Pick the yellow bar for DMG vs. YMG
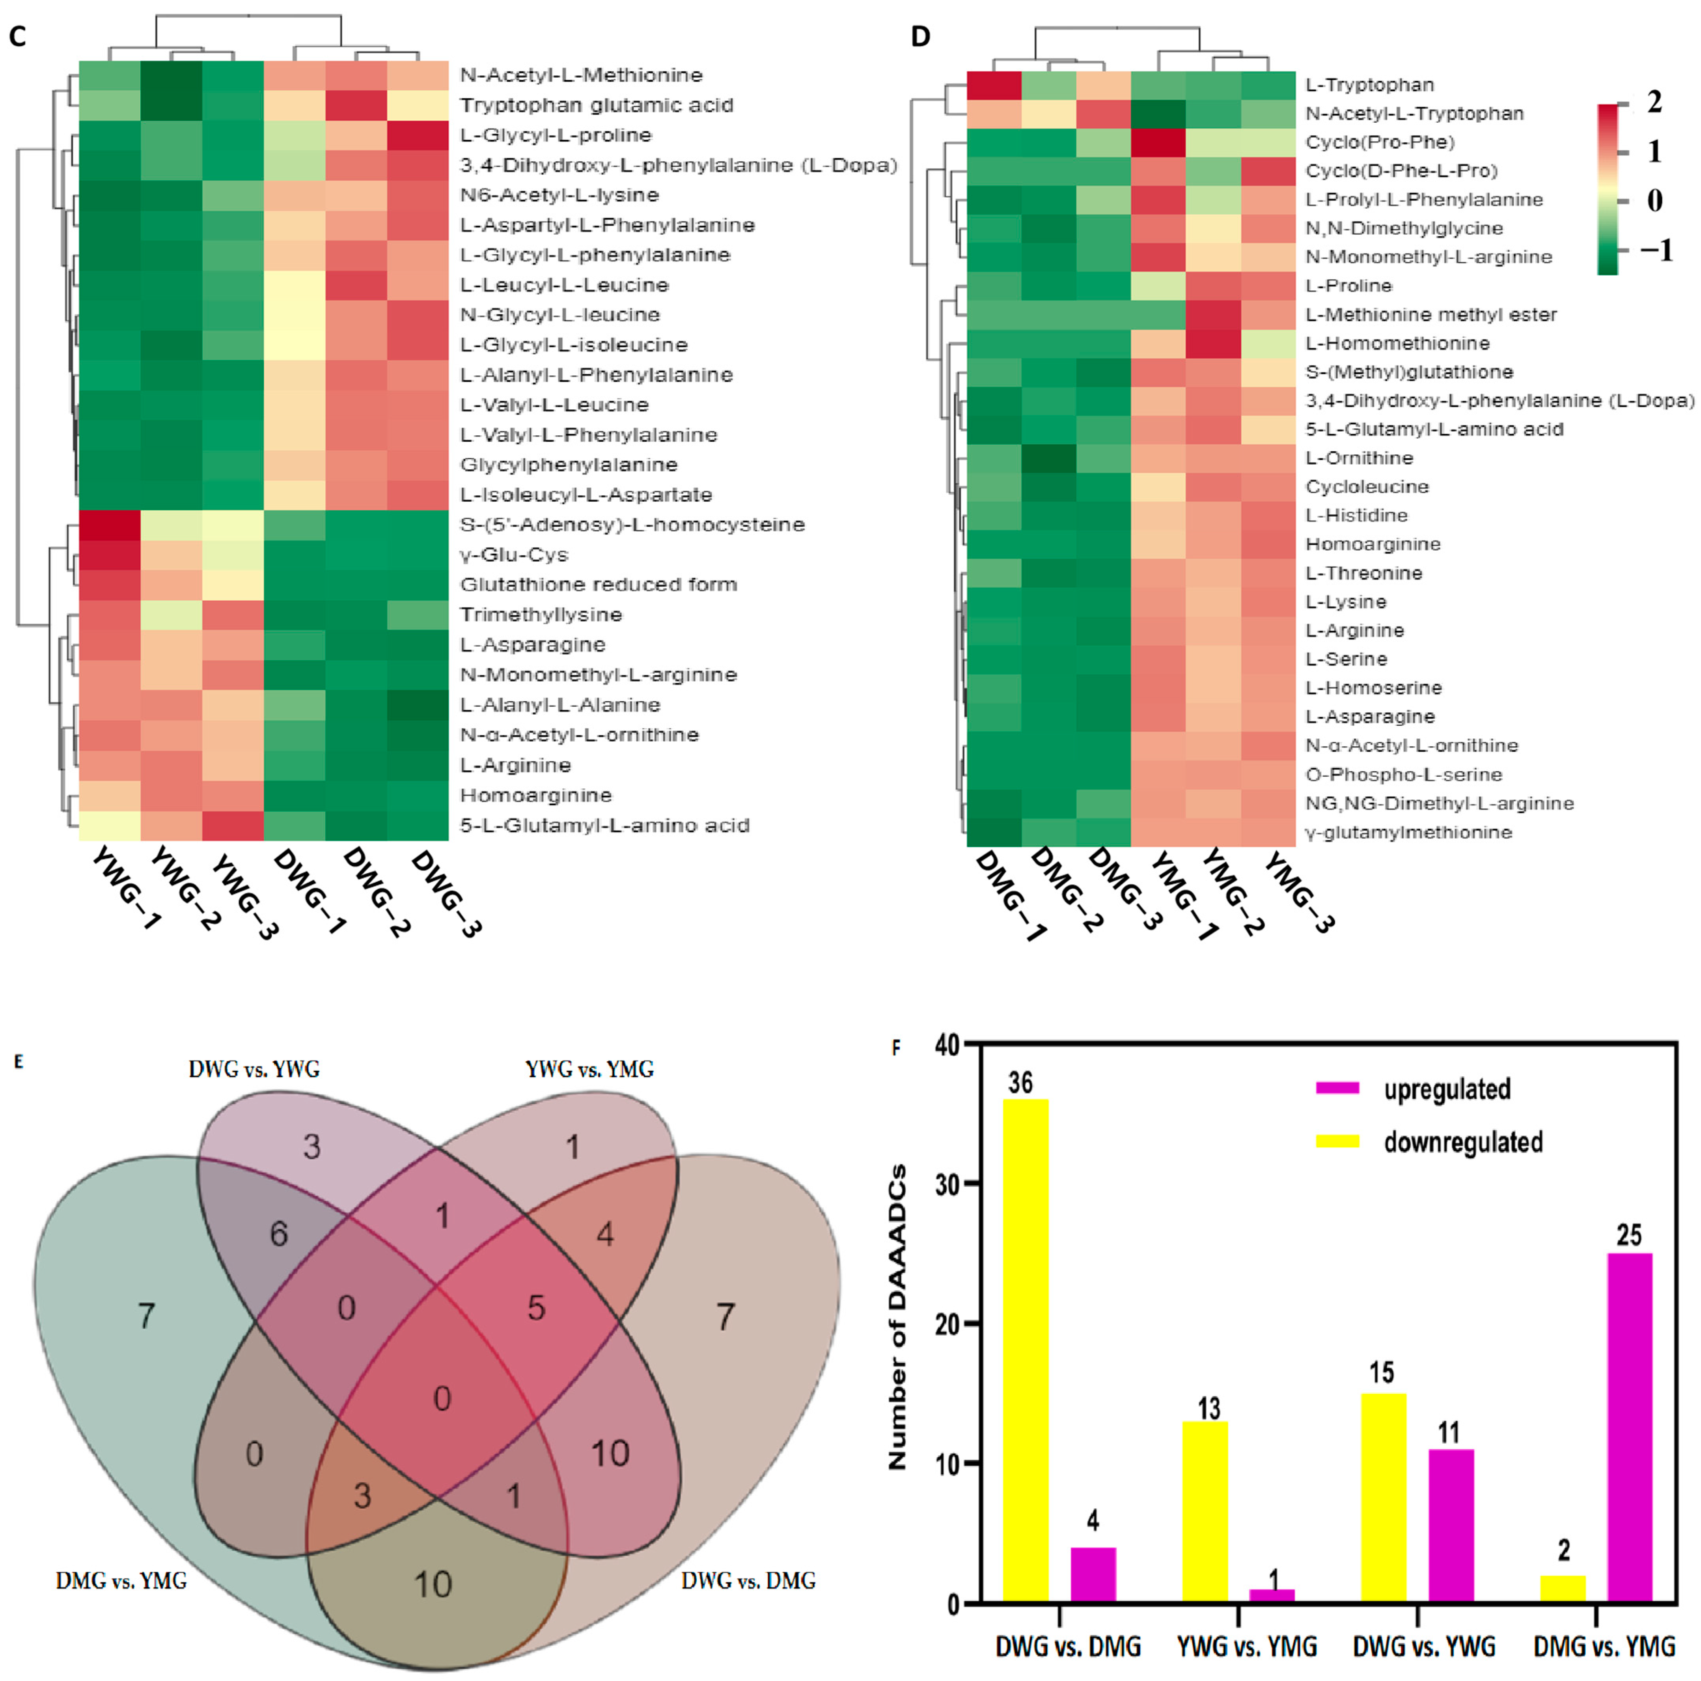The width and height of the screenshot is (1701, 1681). pyautogui.click(x=1563, y=1589)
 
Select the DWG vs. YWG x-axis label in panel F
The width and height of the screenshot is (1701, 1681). pyautogui.click(x=1424, y=1647)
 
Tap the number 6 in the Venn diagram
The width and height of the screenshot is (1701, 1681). pyautogui.click(x=278, y=1234)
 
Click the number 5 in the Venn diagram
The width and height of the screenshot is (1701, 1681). pyautogui.click(x=536, y=1307)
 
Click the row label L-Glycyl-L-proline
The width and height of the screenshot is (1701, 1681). pyautogui.click(x=556, y=135)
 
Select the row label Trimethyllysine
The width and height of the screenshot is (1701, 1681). pyautogui.click(x=541, y=614)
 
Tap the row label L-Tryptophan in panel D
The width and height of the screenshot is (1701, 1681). pyautogui.click(x=1369, y=84)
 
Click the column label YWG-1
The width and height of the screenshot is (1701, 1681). pyautogui.click(x=126, y=889)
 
